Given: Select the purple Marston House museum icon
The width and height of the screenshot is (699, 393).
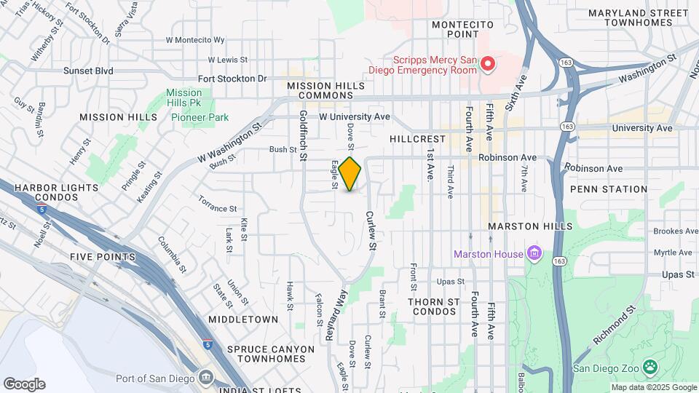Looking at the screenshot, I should click(x=535, y=254).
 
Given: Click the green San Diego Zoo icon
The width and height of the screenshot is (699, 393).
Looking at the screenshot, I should click(x=650, y=367).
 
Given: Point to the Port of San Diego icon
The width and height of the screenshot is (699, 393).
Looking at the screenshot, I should click(x=205, y=378).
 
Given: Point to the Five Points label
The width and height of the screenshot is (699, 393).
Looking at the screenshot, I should click(x=103, y=257).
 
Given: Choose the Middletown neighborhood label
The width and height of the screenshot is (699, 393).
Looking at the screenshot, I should click(x=243, y=319).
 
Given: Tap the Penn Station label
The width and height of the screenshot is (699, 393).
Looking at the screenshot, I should click(x=609, y=189).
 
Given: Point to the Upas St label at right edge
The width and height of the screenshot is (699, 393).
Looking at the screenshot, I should click(x=679, y=274).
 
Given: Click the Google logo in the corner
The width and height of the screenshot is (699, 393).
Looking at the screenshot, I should click(x=24, y=384).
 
